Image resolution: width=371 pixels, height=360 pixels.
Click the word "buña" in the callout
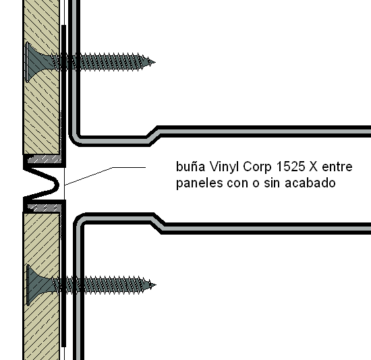[190, 167]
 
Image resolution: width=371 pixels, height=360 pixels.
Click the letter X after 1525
[313, 167]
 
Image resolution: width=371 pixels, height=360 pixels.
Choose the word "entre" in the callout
[337, 167]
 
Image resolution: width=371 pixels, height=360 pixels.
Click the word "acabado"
[310, 183]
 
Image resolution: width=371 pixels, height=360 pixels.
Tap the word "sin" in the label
[272, 183]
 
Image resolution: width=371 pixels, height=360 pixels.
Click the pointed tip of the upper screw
[154, 63]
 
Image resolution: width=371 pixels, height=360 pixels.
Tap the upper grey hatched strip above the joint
[45, 159]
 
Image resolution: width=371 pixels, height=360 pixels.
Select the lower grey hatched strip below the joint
[45, 208]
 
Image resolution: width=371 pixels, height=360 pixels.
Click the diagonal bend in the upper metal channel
[152, 136]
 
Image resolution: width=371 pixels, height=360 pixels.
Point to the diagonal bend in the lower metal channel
[158, 224]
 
